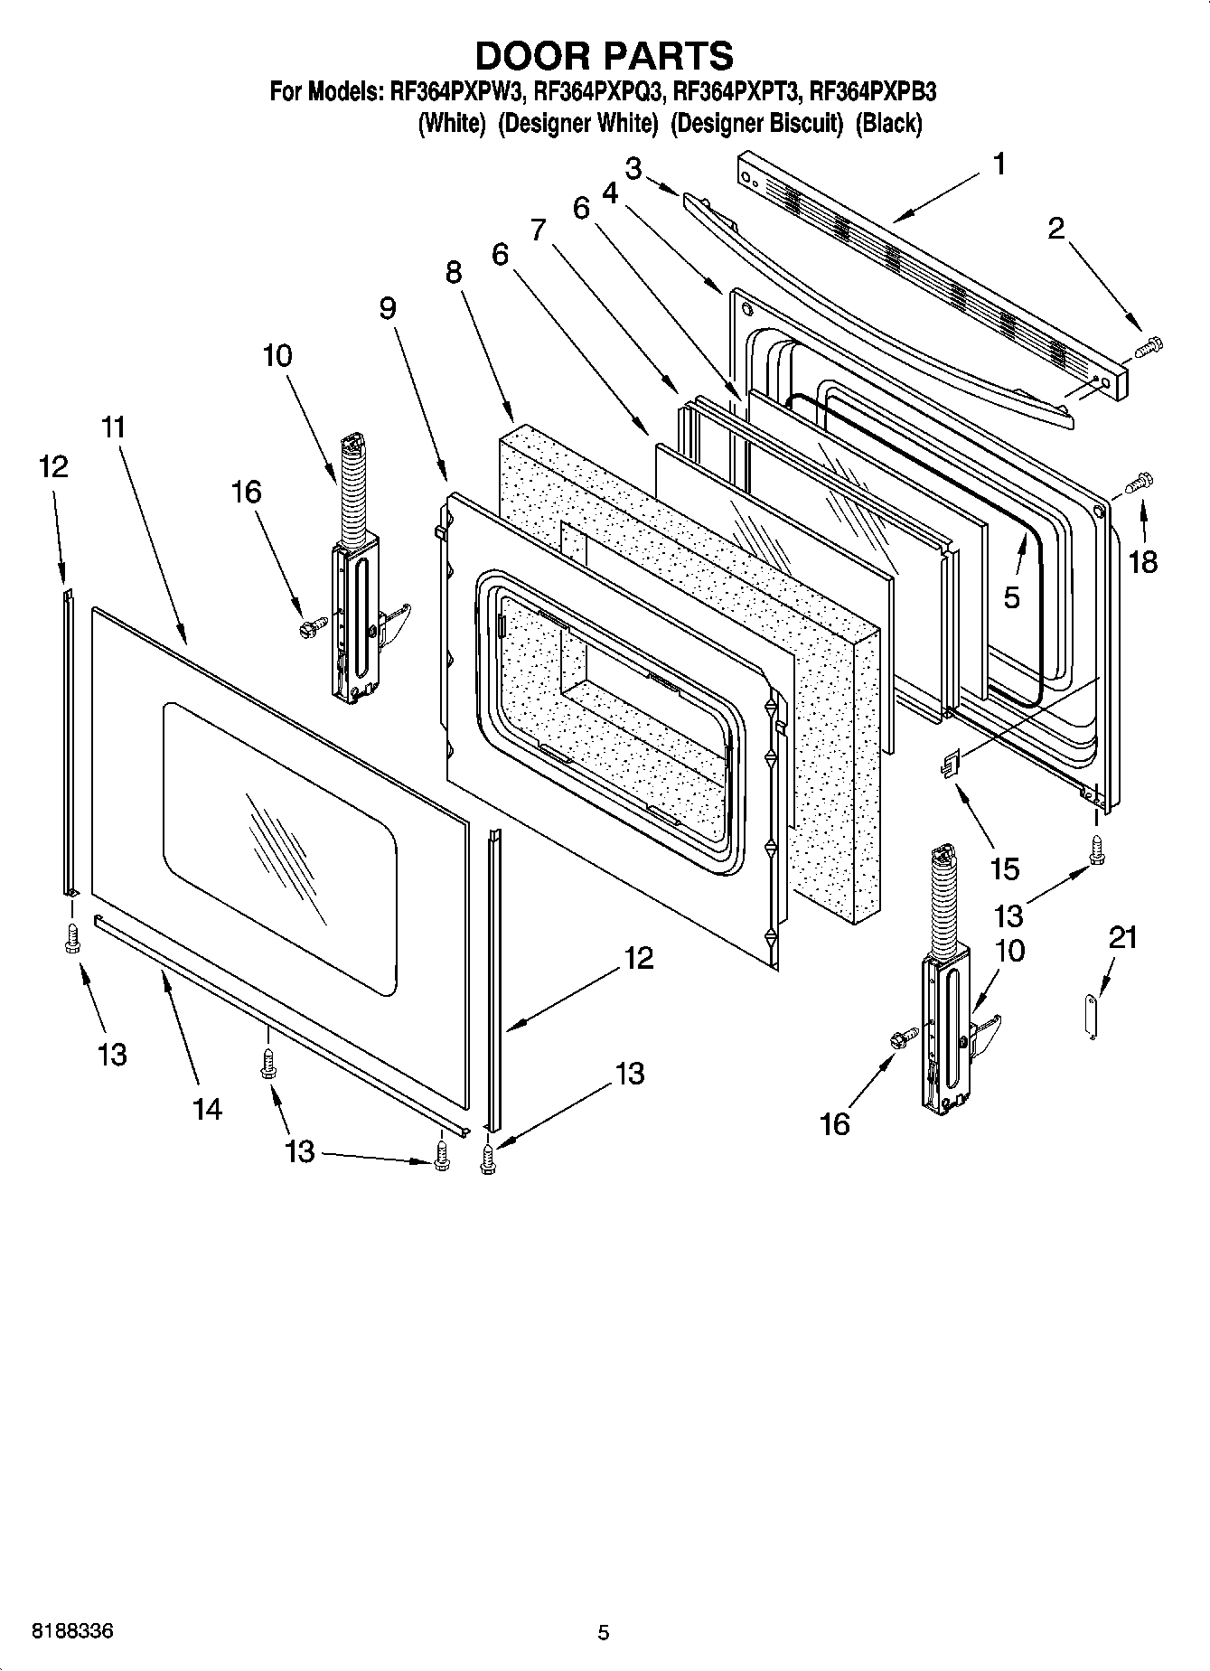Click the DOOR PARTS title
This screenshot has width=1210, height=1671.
click(604, 56)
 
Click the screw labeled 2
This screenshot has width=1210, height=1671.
click(1149, 344)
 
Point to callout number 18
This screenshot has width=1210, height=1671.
click(1142, 562)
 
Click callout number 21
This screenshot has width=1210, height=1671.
click(1122, 938)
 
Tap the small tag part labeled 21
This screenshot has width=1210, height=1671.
click(1091, 1017)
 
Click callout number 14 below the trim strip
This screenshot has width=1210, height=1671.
click(207, 1108)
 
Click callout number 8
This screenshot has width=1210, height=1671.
click(454, 272)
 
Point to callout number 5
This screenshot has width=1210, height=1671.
click(1011, 597)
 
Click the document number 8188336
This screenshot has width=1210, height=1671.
click(73, 1632)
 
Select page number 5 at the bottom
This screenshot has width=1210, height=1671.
click(604, 1632)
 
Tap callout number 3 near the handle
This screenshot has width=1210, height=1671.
click(633, 168)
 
